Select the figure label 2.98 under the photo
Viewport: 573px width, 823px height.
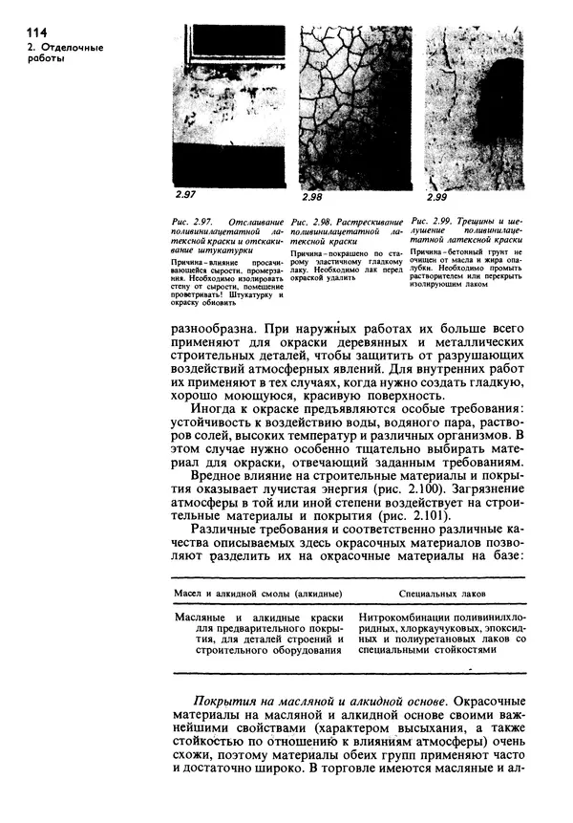(x=312, y=196)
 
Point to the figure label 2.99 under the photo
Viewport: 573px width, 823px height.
(x=436, y=196)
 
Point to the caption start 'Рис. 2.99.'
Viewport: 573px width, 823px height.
(x=441, y=223)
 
